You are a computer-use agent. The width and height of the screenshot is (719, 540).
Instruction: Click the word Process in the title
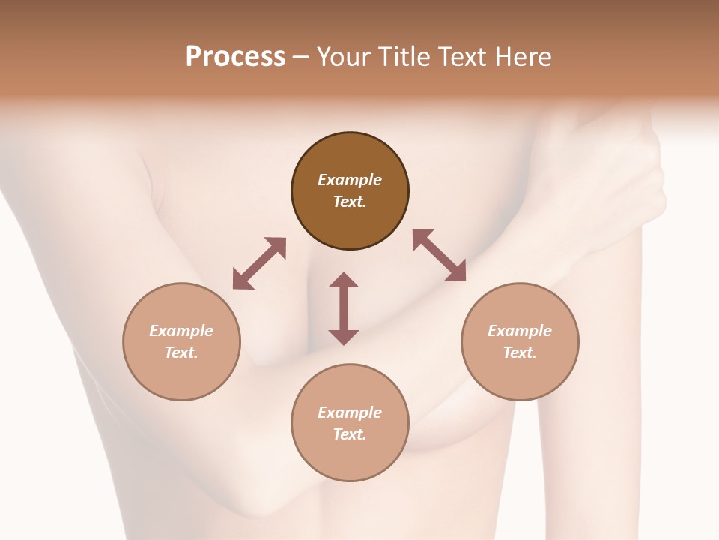click(235, 57)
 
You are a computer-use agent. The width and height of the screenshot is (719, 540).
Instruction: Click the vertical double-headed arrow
click(344, 309)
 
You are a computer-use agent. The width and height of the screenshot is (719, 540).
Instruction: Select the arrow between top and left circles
click(259, 263)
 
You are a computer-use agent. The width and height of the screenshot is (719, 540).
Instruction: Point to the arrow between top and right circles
click(440, 255)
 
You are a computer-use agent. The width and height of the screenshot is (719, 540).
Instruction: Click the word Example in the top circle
click(350, 180)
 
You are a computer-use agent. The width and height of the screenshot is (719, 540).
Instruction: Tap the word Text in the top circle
click(350, 202)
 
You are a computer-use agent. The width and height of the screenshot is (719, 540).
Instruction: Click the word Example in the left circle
click(181, 331)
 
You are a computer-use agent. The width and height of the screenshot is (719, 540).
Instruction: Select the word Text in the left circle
click(181, 352)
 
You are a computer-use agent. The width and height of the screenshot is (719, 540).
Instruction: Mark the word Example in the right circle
click(520, 331)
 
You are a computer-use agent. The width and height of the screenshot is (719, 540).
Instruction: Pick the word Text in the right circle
click(520, 352)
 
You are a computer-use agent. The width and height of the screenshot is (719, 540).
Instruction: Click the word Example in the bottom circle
click(350, 412)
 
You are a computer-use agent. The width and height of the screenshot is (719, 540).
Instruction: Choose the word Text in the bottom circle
click(350, 434)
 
